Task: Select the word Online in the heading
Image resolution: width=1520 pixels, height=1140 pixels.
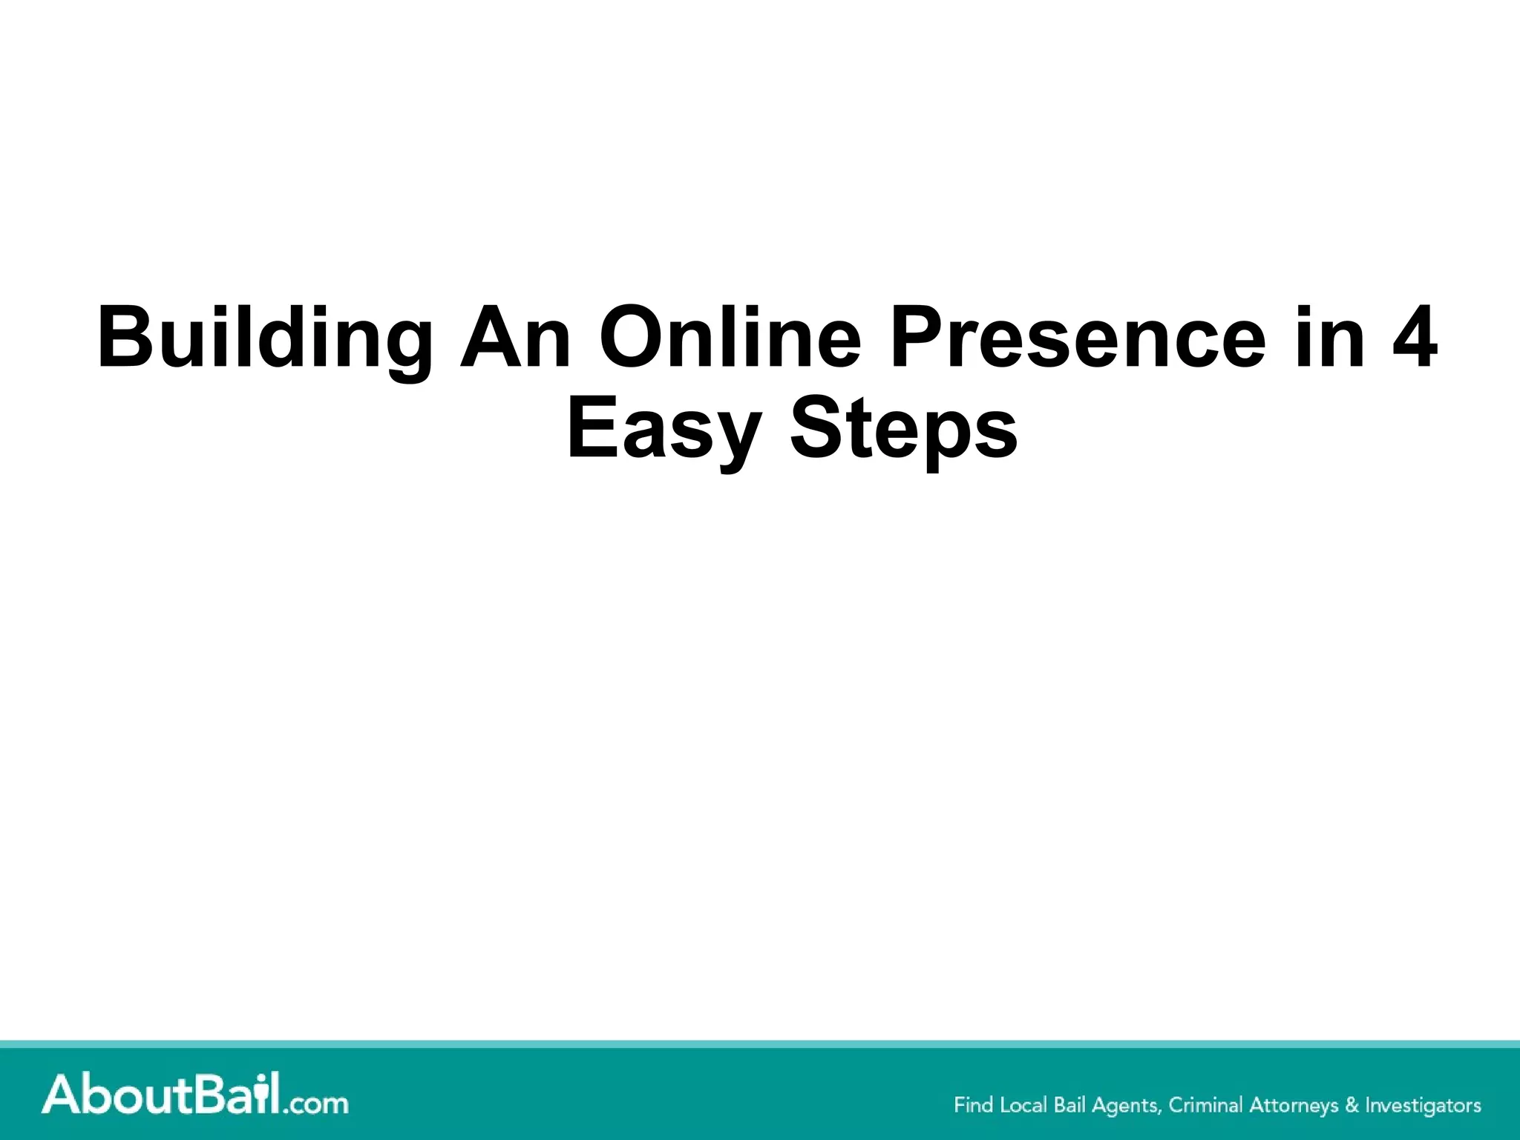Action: coord(730,338)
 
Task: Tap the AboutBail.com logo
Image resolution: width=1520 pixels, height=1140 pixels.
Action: coord(194,1097)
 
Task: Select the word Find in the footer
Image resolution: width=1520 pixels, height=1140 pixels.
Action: coord(973,1105)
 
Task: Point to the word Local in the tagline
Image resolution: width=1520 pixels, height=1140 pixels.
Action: coord(1024,1105)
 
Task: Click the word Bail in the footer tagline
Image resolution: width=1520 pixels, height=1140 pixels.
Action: coord(1069,1105)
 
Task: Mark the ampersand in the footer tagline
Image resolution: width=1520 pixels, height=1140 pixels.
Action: coord(1352,1105)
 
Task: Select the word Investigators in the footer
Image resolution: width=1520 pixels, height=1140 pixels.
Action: coord(1423,1106)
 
